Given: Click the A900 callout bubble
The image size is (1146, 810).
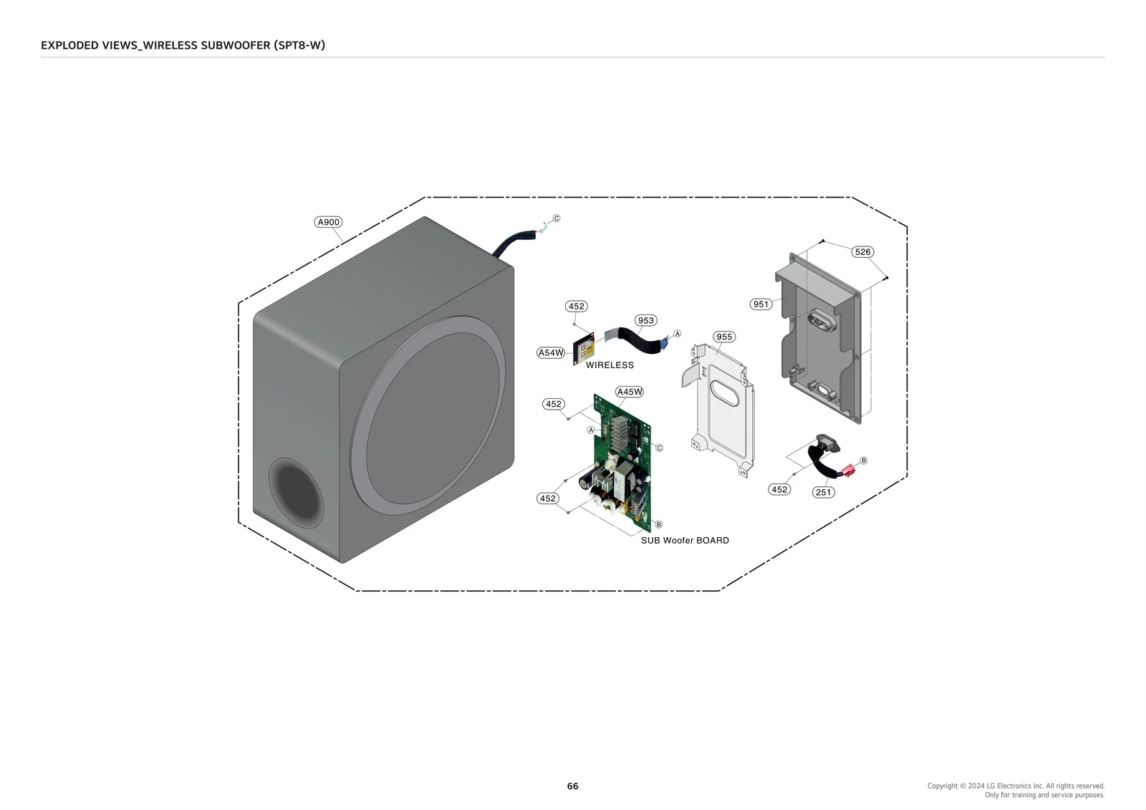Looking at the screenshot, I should coord(328,222).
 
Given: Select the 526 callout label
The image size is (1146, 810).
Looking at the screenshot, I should coord(862,252).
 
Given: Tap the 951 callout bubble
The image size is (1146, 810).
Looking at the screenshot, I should coord(761,304).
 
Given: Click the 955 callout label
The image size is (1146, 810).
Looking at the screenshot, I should coord(724,337).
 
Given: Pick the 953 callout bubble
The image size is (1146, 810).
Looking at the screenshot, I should coord(645,320).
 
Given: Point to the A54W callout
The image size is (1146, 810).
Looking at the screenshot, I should coord(551,352).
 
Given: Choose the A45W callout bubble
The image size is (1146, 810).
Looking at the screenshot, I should coord(630,392).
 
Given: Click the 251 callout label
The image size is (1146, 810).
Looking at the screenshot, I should coord(824,492).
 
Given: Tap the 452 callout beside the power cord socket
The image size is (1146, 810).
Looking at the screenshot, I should coord(779,490).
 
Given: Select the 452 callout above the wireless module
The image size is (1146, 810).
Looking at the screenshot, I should coord(576,307).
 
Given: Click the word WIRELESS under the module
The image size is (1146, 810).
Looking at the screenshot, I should coord(610,365).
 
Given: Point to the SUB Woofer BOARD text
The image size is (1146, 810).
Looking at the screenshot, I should coord(685,541).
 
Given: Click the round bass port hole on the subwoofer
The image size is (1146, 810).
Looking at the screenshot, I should coord(294,489).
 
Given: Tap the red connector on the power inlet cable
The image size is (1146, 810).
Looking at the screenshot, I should coord(849,471).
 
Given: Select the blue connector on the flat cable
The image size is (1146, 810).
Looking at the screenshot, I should coord(665,343).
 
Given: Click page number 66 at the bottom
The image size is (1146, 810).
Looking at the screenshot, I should coord(572,786).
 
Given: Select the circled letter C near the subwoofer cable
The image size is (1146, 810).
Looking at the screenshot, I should coord(557,218).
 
